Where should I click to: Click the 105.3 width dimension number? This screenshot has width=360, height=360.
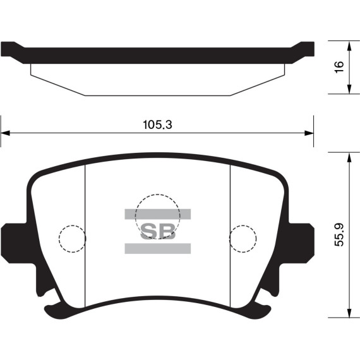click(157, 125)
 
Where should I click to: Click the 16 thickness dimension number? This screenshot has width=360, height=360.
click(339, 67)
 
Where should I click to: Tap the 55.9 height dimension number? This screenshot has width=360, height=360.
click(339, 235)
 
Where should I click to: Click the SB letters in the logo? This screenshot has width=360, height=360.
click(158, 231)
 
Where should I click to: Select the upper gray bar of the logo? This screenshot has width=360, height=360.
click(158, 214)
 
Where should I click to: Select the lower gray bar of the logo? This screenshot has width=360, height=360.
click(158, 248)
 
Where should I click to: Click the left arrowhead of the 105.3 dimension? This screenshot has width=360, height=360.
click(5, 133)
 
